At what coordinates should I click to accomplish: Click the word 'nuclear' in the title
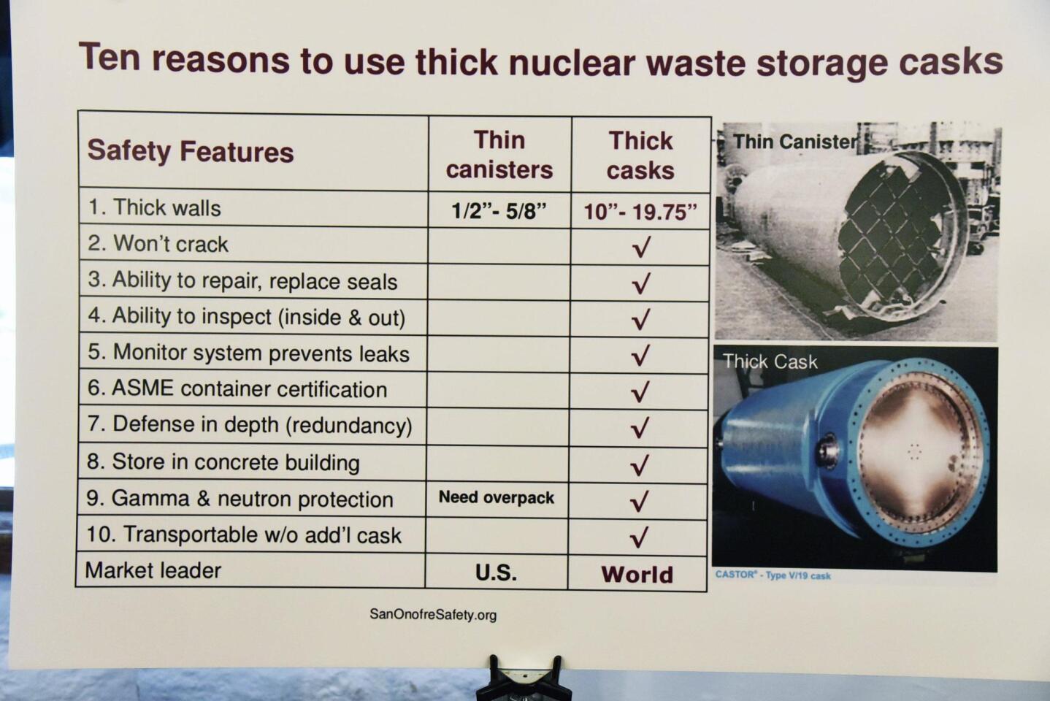pos(572,62)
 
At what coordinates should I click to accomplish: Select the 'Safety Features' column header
pos(191,151)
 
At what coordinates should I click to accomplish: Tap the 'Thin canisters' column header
pos(499,154)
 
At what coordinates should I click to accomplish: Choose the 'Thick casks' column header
pos(640,156)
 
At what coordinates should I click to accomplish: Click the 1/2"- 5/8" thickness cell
pos(499,210)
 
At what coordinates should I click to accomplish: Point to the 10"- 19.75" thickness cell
pos(640,212)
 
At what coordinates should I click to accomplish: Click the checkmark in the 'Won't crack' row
pos(641,247)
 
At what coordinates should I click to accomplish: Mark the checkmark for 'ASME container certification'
pos(640,391)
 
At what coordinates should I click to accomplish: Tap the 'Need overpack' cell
pos(497,497)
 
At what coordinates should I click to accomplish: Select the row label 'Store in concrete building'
pos(223,462)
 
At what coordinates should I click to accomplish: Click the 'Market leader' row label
pos(153,570)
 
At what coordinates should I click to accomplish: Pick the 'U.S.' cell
pos(496,572)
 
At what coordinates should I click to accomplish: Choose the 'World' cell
pos(637,575)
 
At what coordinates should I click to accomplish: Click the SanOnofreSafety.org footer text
pos(433,614)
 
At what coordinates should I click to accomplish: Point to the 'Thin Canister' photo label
pos(796,142)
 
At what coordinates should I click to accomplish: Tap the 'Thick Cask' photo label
pos(770,361)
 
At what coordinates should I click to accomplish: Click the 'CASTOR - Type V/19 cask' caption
pos(773,575)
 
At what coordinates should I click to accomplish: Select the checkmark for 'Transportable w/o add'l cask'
pos(640,537)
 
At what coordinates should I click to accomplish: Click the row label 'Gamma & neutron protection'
pos(239,499)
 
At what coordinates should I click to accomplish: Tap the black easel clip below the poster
pos(524,679)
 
